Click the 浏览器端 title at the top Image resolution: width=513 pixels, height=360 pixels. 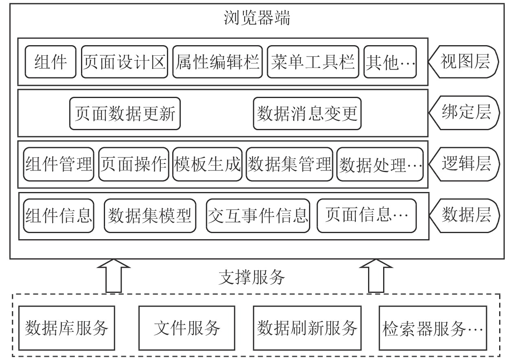[257, 17]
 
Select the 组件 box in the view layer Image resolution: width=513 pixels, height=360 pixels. [50, 62]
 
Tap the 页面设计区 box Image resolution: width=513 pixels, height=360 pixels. [124, 62]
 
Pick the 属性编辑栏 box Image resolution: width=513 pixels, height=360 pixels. [217, 62]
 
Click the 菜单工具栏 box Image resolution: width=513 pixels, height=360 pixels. [313, 62]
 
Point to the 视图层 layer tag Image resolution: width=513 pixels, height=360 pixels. [464, 62]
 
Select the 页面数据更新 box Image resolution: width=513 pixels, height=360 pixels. [125, 113]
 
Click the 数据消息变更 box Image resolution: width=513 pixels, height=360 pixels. [307, 113]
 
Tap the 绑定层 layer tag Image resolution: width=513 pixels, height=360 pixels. [464, 113]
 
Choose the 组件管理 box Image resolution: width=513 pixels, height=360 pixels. [59, 164]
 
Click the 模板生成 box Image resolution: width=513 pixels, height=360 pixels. [207, 164]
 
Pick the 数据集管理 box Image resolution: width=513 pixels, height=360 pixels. [289, 164]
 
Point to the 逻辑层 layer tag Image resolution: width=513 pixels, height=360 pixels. [464, 164]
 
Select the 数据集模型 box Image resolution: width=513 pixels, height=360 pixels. [150, 216]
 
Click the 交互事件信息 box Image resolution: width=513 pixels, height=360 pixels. [258, 216]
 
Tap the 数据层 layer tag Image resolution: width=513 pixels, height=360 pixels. [464, 216]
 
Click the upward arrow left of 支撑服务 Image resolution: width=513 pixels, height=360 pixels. [114, 276]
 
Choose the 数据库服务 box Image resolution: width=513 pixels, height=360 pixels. [67, 328]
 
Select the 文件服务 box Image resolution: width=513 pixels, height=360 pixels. [186, 328]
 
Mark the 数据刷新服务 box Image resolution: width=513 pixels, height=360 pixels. [307, 328]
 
